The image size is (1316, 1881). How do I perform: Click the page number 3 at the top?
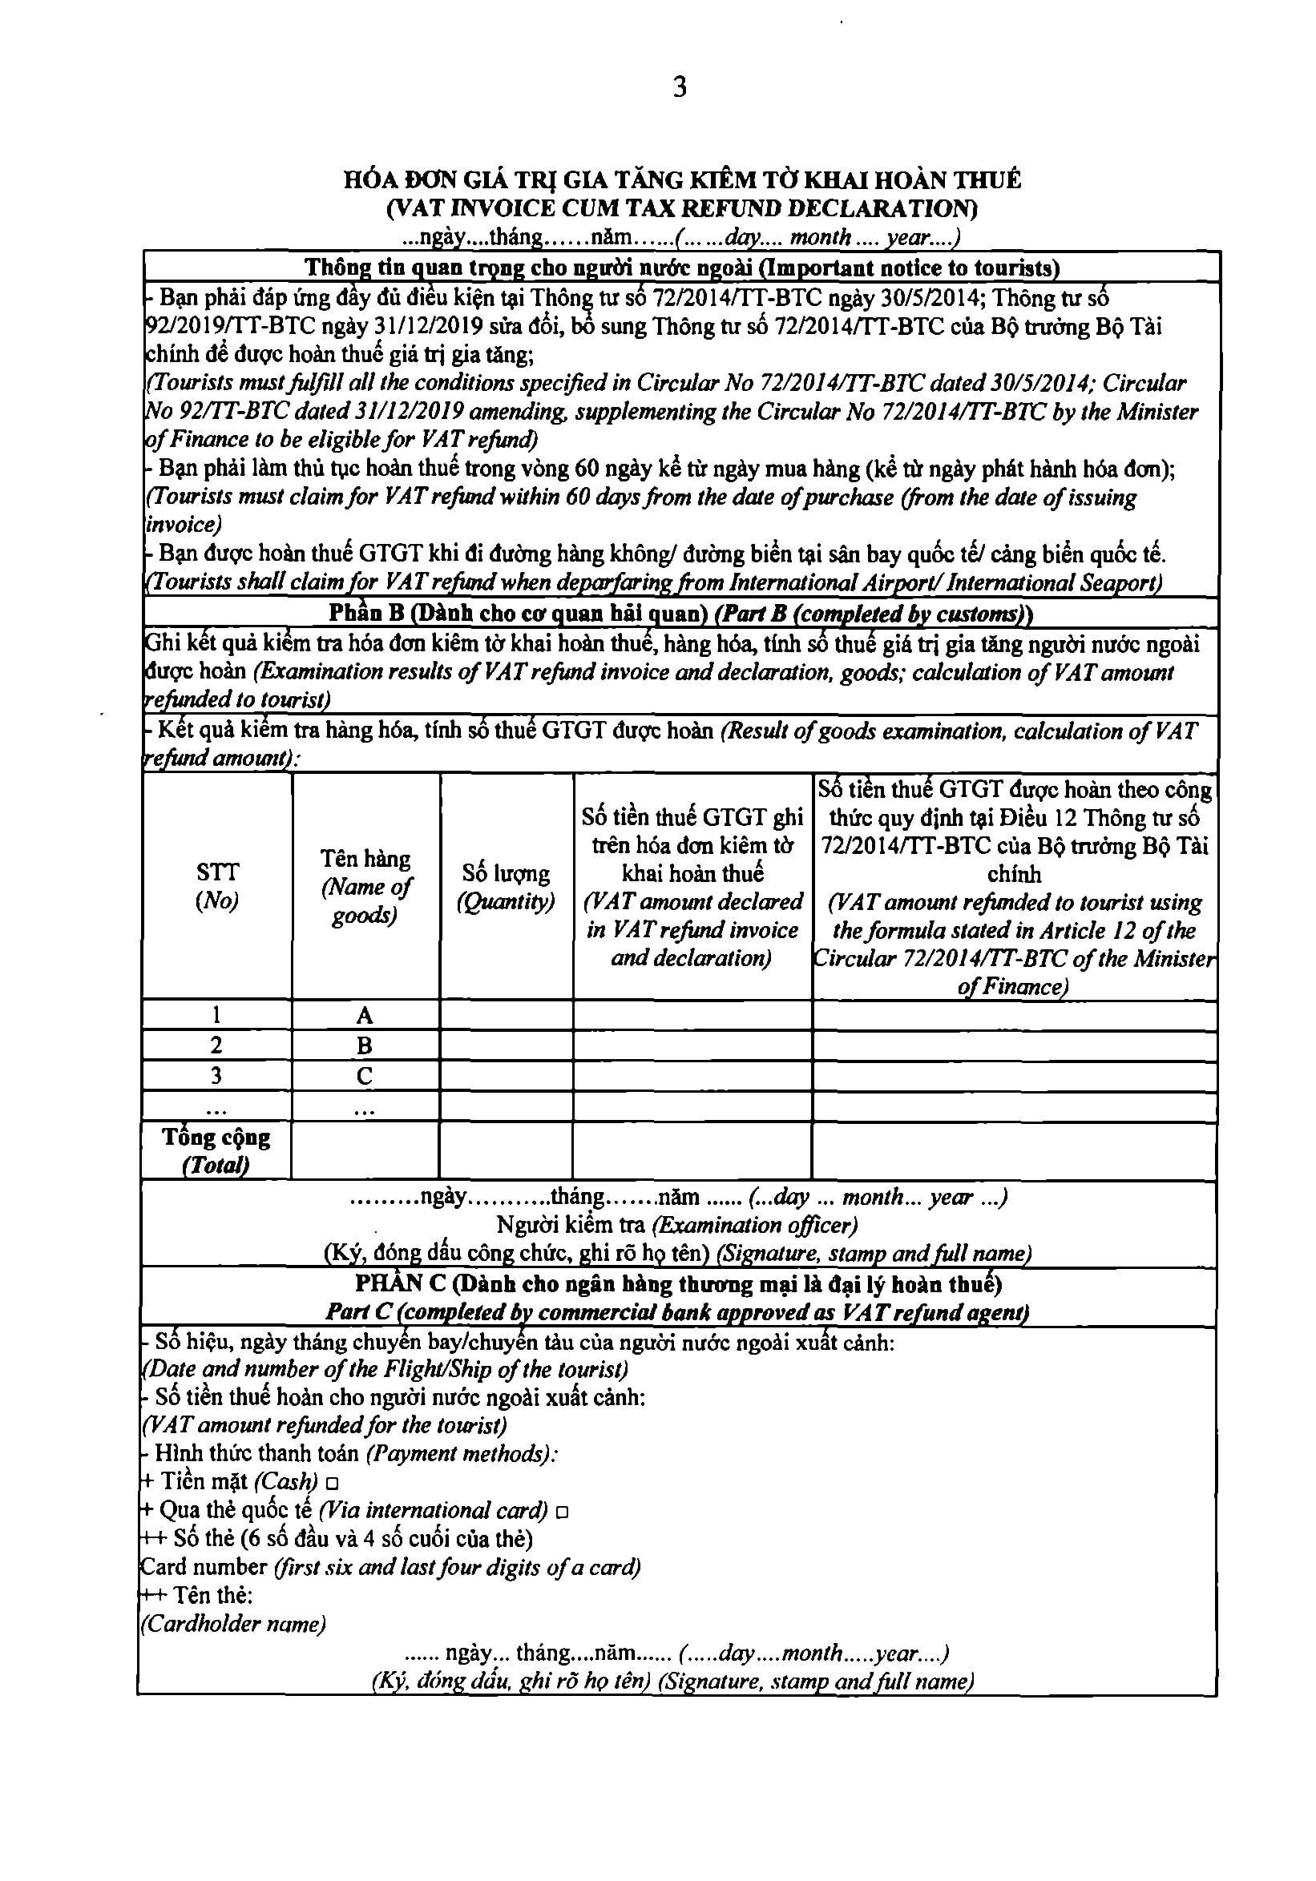pyautogui.click(x=680, y=87)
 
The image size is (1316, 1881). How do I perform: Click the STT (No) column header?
pyautogui.click(x=217, y=887)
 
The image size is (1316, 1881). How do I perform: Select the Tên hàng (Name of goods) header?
pyautogui.click(x=365, y=887)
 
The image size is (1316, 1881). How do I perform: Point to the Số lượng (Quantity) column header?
pyautogui.click(x=506, y=888)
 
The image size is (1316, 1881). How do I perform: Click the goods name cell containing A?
pyautogui.click(x=365, y=1016)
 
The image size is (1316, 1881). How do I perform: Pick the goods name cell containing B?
pyautogui.click(x=365, y=1046)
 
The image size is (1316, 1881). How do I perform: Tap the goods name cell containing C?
pyautogui.click(x=365, y=1077)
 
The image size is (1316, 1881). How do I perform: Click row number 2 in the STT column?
pyautogui.click(x=216, y=1046)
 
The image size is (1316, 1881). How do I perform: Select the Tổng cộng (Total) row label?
pyautogui.click(x=216, y=1151)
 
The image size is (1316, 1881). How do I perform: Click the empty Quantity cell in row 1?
pyautogui.click(x=506, y=1016)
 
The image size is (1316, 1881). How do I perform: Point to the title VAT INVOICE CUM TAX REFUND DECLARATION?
pyautogui.click(x=682, y=208)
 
